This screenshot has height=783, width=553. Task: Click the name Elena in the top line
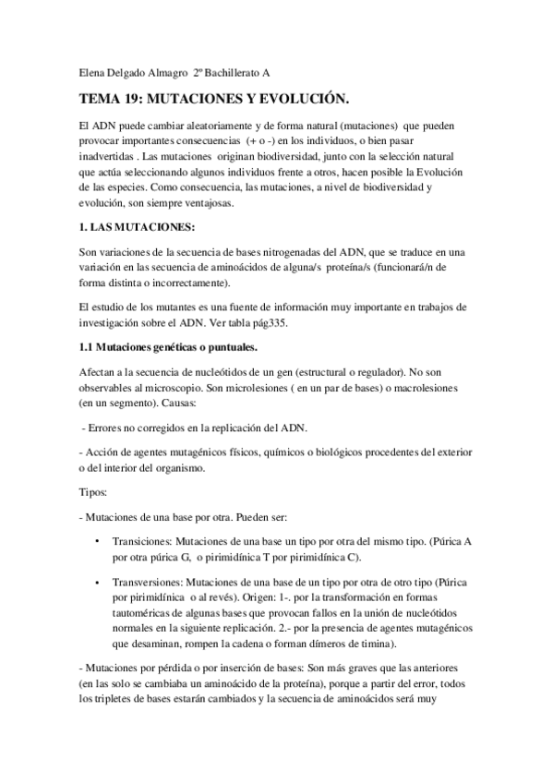tap(88, 73)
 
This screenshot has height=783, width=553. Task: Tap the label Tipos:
tap(93, 493)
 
